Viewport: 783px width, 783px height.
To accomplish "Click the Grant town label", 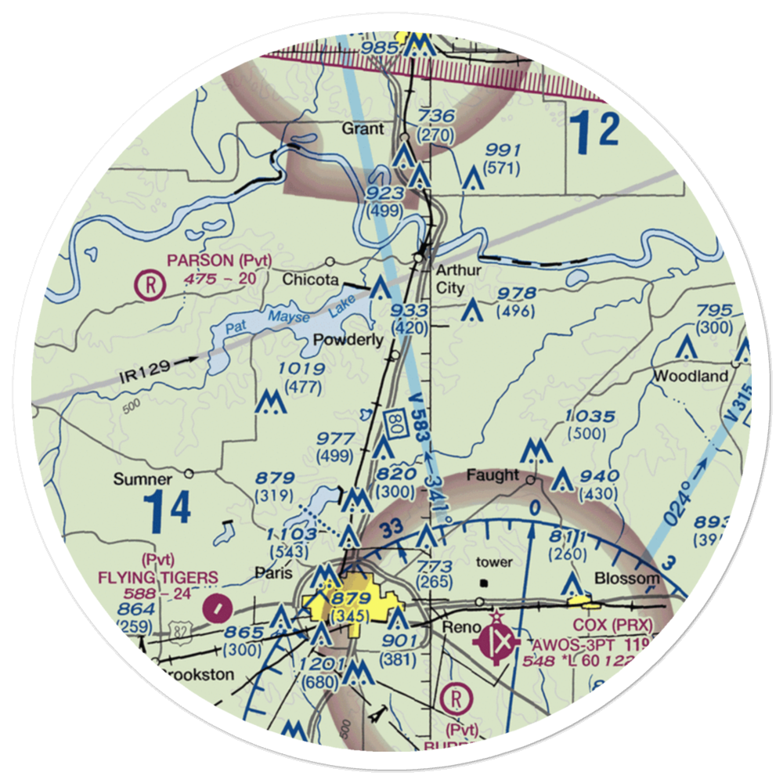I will (363, 128).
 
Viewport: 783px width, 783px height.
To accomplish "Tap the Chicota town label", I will (310, 280).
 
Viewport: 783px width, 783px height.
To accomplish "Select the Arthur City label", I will (459, 280).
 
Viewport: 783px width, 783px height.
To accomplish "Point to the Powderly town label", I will (348, 340).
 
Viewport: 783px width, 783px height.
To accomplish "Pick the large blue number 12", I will (594, 132).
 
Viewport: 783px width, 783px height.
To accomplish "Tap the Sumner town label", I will (143, 479).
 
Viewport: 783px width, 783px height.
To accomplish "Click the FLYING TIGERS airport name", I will (159, 577).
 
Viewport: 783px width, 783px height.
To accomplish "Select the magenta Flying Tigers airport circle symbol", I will (215, 605).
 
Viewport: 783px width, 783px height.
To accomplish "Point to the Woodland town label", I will (691, 376).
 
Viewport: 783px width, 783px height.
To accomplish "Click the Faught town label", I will (493, 475).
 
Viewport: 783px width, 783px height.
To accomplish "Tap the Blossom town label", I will (627, 579).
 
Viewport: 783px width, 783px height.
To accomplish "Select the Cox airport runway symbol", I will (500, 644).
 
